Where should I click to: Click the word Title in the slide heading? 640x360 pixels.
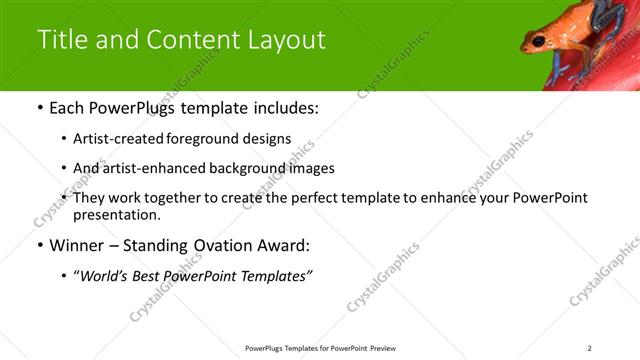[x=62, y=39]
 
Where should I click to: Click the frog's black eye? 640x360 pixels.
[x=538, y=40]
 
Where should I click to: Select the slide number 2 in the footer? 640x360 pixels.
[x=589, y=348]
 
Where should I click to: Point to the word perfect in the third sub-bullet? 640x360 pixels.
[x=335, y=198]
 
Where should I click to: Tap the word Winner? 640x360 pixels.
[x=75, y=245]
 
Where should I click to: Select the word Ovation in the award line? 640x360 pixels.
[x=207, y=245]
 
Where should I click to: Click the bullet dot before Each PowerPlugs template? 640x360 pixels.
[x=39, y=108]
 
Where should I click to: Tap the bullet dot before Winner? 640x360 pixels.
[x=39, y=245]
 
